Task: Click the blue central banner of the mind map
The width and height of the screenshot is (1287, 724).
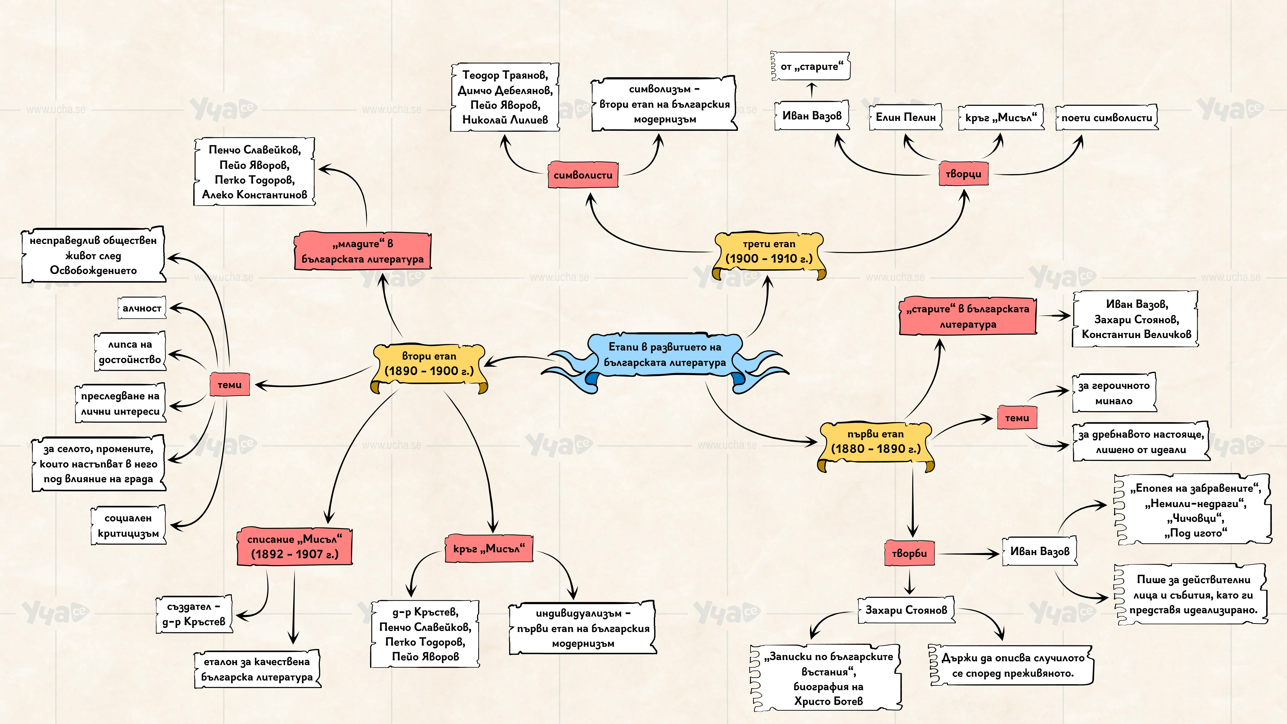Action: click(x=664, y=356)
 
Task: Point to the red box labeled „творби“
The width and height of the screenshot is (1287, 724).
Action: click(x=909, y=553)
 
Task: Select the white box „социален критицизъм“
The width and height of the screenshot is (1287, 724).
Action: click(x=128, y=526)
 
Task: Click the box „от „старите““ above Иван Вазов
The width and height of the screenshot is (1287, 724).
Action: click(x=811, y=66)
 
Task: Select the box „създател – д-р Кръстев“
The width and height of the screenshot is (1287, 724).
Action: click(x=194, y=614)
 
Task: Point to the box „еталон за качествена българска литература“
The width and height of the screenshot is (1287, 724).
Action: click(x=257, y=669)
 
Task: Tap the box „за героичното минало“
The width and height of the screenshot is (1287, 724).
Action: click(x=1114, y=393)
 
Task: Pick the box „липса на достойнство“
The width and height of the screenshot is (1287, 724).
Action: click(x=130, y=352)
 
